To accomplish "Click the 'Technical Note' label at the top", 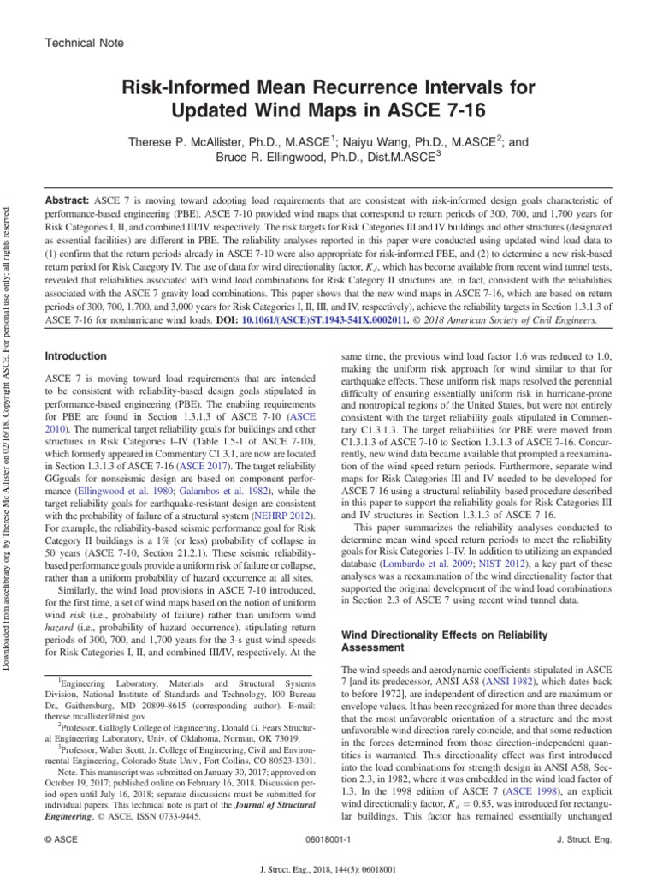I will pos(84,43).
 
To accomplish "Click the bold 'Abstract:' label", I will pos(70,196).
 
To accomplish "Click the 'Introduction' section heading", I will pos(77,356).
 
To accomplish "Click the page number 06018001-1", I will pos(328,840).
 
